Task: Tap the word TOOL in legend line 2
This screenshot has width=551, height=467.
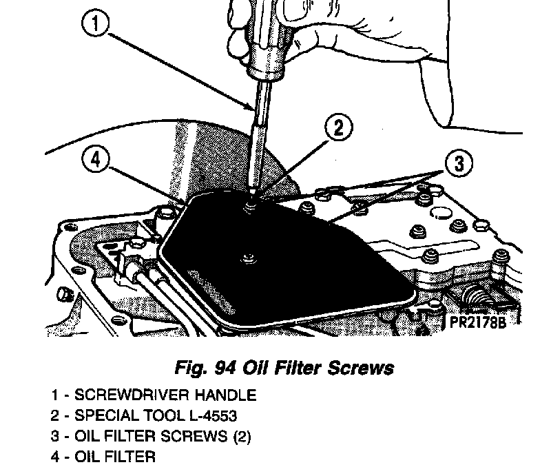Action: (166, 416)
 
